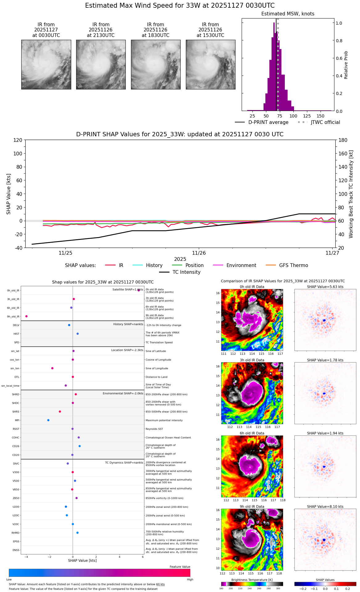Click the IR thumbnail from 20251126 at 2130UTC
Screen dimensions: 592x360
[x=101, y=64]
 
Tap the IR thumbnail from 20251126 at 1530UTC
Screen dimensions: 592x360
[x=211, y=64]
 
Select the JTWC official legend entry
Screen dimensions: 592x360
[x=325, y=122]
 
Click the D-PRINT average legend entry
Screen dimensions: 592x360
[x=268, y=122]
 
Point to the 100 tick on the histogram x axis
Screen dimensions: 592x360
[x=293, y=116]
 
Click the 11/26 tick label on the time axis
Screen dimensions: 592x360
[x=199, y=253]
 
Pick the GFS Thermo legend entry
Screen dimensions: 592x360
[x=293, y=265]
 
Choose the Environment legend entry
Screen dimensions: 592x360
[x=241, y=265]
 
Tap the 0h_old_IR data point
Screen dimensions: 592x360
[x=139, y=290]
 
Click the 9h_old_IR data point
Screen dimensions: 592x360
[x=27, y=316]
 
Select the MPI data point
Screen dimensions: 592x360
[x=48, y=420]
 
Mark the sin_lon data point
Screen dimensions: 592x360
[x=52, y=368]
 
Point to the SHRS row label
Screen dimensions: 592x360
[x=16, y=412]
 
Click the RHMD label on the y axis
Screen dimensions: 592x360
[x=15, y=533]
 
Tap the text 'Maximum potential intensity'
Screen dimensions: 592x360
[x=164, y=420]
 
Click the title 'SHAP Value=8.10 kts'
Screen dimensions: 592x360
[x=325, y=507]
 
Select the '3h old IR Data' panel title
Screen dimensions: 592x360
[x=252, y=360]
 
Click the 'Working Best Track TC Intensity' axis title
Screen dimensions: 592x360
[x=351, y=194]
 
